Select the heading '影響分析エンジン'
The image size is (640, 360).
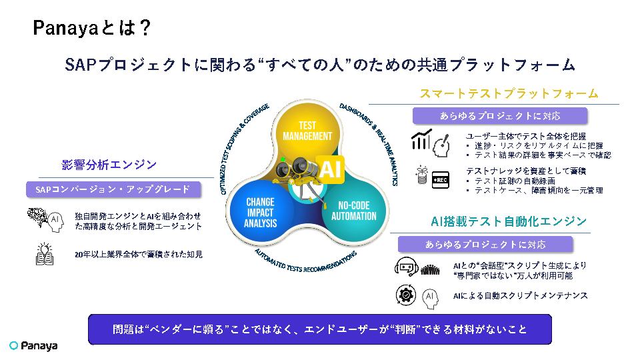[x=109, y=165]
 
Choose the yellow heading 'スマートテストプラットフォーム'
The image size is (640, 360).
[x=509, y=93]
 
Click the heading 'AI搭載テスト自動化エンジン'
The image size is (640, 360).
[x=509, y=221]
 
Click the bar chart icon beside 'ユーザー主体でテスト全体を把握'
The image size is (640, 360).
[x=421, y=140]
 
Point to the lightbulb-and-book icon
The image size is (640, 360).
[x=45, y=254]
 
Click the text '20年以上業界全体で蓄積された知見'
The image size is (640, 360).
[x=139, y=254]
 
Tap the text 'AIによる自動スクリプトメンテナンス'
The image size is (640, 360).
[x=520, y=295]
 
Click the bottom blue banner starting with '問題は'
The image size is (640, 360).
[x=320, y=329]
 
